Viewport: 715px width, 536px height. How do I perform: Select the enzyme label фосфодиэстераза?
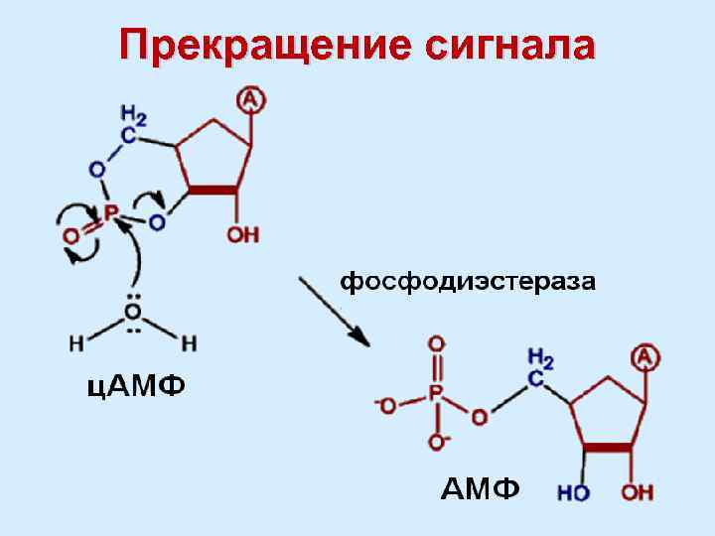click(469, 283)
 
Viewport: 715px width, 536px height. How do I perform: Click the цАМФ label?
click(134, 384)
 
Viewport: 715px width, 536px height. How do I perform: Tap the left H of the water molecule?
click(76, 344)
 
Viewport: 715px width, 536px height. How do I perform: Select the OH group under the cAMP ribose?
click(242, 235)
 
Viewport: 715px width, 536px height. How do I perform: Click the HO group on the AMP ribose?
click(573, 491)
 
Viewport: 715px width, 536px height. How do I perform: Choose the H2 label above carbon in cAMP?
click(134, 115)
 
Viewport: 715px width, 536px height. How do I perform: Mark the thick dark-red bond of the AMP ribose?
click(606, 449)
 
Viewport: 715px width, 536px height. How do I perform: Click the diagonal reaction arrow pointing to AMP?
click(334, 309)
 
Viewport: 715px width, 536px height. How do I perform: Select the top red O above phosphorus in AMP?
click(436, 344)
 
